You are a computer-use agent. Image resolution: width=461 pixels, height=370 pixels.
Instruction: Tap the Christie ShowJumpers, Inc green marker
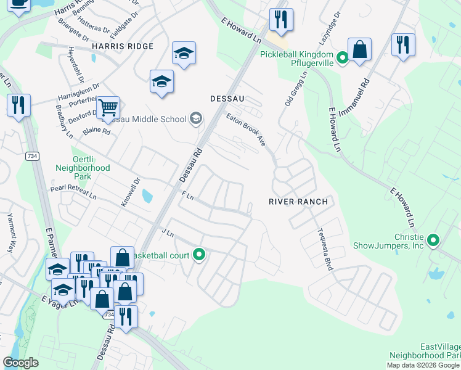[x=433, y=240]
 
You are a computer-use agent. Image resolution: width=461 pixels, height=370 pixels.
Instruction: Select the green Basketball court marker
[x=199, y=253]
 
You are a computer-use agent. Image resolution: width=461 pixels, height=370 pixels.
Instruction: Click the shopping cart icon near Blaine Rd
[x=108, y=109]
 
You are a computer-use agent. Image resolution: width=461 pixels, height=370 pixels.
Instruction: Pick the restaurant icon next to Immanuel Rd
[x=403, y=45]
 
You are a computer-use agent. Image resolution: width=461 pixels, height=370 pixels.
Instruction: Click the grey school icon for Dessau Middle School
[x=196, y=118]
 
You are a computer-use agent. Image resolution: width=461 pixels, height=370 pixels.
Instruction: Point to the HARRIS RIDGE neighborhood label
[x=122, y=46]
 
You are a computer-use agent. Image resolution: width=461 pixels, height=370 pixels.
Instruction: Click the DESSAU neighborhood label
[x=227, y=98]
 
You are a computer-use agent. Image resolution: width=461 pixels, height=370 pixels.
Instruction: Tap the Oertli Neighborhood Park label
[x=83, y=163]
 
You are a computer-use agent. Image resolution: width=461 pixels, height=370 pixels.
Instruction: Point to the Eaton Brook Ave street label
[x=245, y=129]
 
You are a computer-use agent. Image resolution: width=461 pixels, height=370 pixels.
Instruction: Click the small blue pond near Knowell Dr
[x=147, y=196]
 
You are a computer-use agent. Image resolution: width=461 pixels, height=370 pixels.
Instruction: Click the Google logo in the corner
[x=21, y=363]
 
